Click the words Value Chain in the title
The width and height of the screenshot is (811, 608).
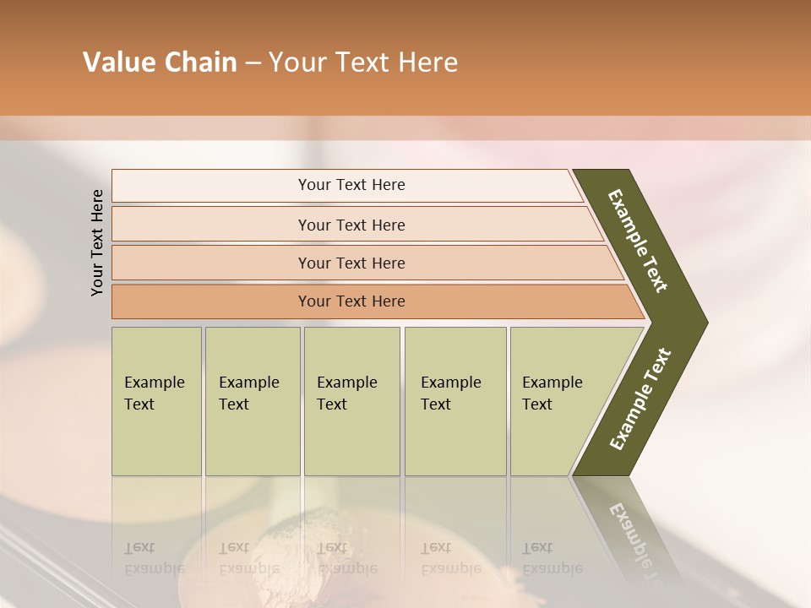pyautogui.click(x=160, y=62)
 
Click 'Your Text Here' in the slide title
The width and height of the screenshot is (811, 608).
pyautogui.click(x=363, y=62)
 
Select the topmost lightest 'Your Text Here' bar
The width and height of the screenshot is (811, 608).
pyautogui.click(x=351, y=185)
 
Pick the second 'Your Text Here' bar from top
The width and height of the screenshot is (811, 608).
pyautogui.click(x=351, y=225)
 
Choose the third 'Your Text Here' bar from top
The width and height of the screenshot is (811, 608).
pyautogui.click(x=351, y=263)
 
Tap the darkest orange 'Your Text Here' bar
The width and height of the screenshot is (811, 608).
pyautogui.click(x=351, y=301)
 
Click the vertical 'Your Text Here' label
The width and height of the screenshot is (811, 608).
pyautogui.click(x=97, y=242)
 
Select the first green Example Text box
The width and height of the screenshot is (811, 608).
pyautogui.click(x=156, y=400)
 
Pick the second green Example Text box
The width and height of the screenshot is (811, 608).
pyautogui.click(x=252, y=400)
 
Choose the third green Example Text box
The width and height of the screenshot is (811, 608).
pyautogui.click(x=351, y=400)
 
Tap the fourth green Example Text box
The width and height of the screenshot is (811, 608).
pyautogui.click(x=454, y=400)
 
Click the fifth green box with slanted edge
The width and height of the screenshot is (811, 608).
pyautogui.click(x=558, y=400)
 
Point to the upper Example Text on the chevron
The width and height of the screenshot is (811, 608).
pyautogui.click(x=638, y=241)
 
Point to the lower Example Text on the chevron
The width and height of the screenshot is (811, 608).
pyautogui.click(x=640, y=399)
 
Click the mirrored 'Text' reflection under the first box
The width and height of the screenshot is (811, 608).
pyautogui.click(x=139, y=547)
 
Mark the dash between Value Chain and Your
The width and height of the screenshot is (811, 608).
pyautogui.click(x=253, y=63)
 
